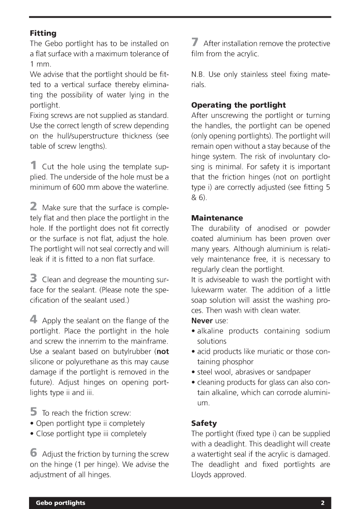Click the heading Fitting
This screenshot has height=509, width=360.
click(43, 33)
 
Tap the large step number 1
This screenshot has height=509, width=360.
click(33, 166)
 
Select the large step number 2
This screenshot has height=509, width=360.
click(33, 207)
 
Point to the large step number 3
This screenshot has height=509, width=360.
click(33, 278)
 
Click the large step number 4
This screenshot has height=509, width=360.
click(33, 320)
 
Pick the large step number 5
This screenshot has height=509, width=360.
click(33, 412)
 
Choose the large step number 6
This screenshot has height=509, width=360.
click(33, 453)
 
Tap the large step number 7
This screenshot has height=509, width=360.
click(195, 43)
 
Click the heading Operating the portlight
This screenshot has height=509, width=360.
click(238, 105)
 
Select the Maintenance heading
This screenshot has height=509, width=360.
click(217, 218)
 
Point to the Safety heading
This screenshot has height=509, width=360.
click(204, 423)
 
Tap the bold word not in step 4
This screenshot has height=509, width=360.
click(163, 352)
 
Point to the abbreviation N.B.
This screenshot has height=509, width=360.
click(198, 74)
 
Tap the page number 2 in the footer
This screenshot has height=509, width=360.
click(323, 502)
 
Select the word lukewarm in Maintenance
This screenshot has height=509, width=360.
click(207, 290)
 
